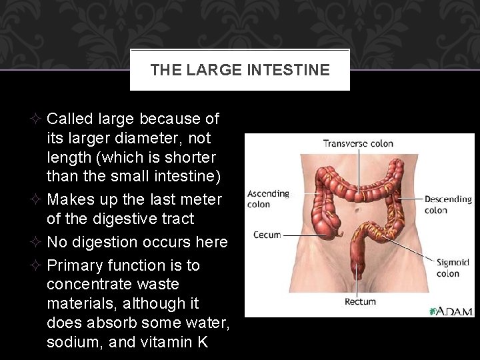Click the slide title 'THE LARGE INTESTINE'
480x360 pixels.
coord(240,69)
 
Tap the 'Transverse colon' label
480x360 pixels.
coord(358,143)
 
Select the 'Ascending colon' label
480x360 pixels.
coord(268,199)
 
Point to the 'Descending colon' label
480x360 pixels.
coord(448,204)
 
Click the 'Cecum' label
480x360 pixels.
coord(267,235)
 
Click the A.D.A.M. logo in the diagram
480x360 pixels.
coord(450,311)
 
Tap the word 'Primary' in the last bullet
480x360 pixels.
coord(78,265)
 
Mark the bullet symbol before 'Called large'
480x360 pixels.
coord(37,119)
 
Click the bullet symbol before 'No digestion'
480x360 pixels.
coord(37,242)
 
